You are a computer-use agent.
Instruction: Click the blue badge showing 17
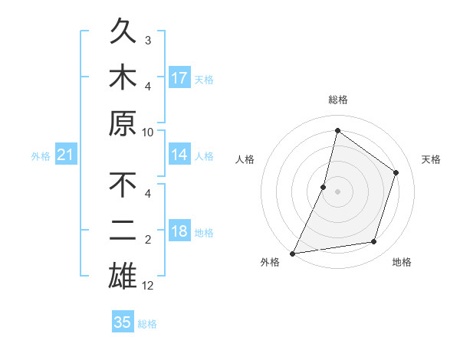point(179,78)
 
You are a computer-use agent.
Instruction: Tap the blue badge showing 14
point(179,155)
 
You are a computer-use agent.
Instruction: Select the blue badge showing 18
point(179,232)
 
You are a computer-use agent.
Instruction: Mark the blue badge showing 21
point(66,155)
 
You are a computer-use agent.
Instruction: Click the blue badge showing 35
point(123,322)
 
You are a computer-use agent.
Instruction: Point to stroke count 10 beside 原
point(148,132)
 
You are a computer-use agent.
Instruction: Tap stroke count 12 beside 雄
point(148,286)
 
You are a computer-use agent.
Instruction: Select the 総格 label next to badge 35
point(147,324)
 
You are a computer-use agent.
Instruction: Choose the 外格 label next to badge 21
point(41,156)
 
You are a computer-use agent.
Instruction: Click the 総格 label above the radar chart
point(337,100)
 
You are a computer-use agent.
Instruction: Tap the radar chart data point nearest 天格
point(396,172)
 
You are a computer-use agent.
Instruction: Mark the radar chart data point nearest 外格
point(293,253)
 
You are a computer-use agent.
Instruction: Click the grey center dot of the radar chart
point(337,191)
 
